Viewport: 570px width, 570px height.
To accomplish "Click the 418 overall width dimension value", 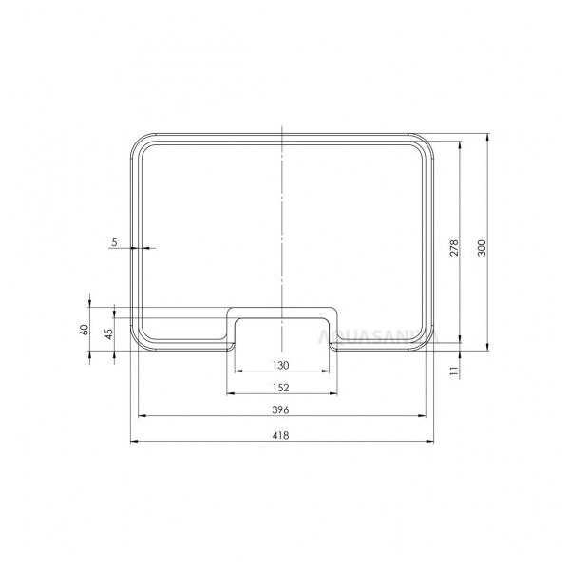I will pos(282,435).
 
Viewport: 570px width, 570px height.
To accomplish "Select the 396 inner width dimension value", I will pos(282,409).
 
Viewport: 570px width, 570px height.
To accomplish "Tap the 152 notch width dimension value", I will pos(282,387).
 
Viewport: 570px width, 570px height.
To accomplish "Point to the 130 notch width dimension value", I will pos(282,365).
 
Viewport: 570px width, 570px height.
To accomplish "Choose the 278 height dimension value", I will pos(455,248).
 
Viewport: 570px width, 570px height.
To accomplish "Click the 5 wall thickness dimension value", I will pos(115,242).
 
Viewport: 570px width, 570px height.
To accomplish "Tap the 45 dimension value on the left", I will pos(109,333).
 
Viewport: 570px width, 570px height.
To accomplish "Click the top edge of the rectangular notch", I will pos(282,308).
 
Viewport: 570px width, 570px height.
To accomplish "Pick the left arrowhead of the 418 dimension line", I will pos(133,442).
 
